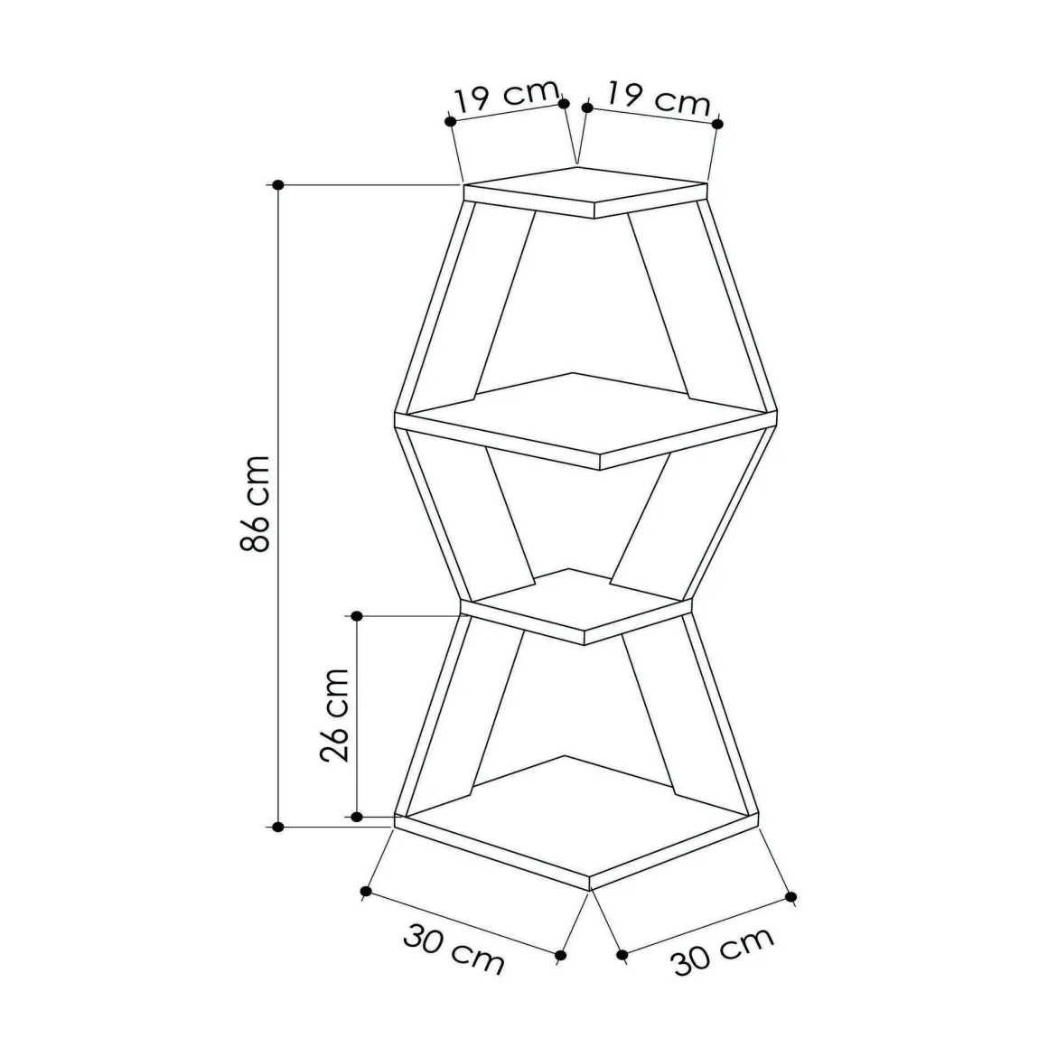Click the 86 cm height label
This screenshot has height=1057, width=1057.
[x=256, y=503]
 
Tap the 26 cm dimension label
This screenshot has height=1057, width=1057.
[x=334, y=716]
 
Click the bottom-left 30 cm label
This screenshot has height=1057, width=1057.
[x=454, y=949]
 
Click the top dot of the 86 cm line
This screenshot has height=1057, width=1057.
[x=278, y=184]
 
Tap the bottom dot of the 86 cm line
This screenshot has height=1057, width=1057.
[x=278, y=827]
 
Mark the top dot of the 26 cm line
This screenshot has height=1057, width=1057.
[x=357, y=616]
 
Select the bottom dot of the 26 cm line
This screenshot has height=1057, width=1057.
[x=357, y=817]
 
